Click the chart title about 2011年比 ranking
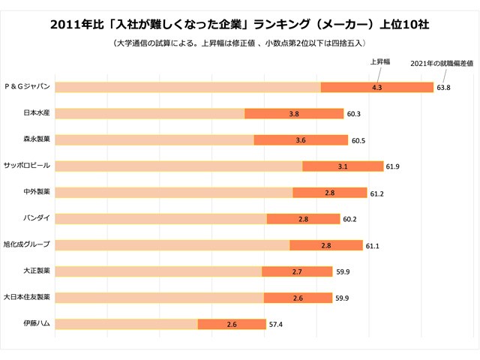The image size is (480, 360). [240, 24]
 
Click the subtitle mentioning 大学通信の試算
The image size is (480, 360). [240, 43]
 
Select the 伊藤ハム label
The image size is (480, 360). [37, 324]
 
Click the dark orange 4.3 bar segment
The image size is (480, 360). [377, 87]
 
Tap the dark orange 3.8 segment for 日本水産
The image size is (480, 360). [294, 113]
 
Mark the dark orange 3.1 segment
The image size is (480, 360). [343, 166]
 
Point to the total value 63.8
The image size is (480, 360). [443, 88]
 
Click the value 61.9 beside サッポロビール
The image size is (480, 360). [394, 166]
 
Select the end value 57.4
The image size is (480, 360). [277, 325]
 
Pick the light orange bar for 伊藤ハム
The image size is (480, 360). [127, 324]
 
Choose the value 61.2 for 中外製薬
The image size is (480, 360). [376, 193]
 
